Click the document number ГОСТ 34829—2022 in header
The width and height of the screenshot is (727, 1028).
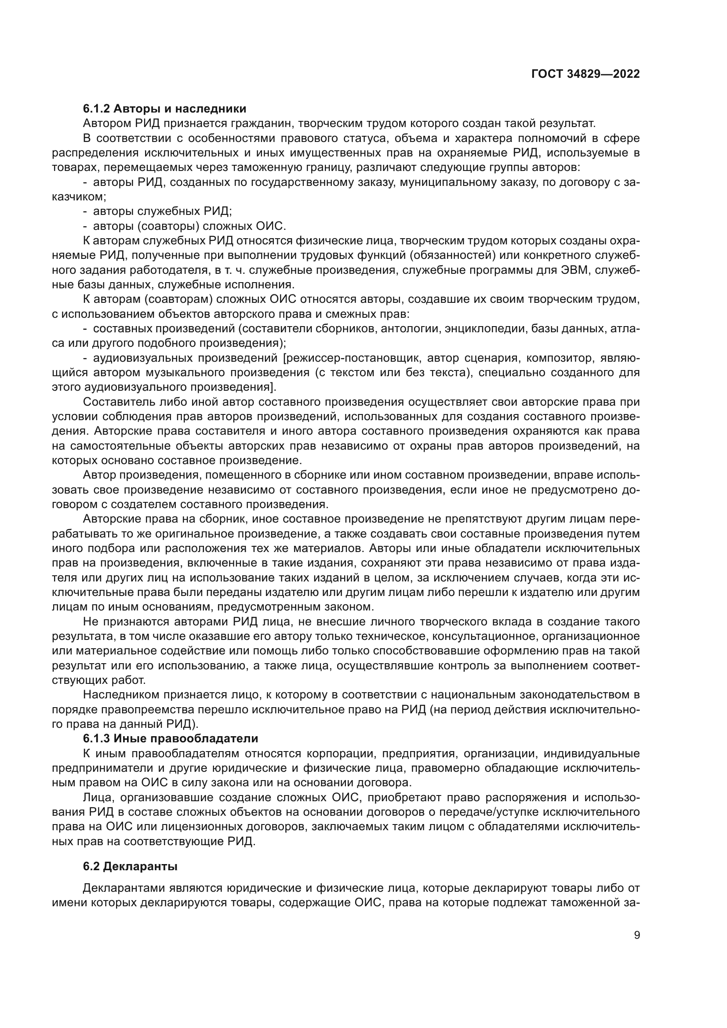[x=585, y=74]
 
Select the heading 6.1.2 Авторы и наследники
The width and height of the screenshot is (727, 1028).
[x=164, y=109]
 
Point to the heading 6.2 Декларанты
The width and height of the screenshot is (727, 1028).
[x=130, y=867]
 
